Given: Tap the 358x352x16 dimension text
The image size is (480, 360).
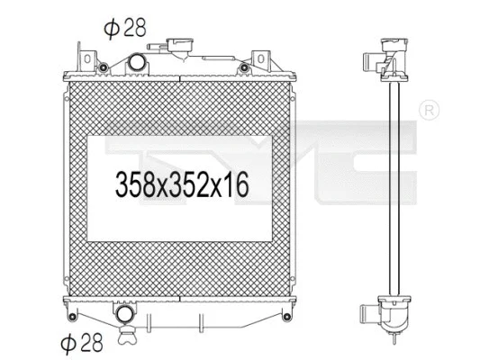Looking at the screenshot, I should pyautogui.click(x=181, y=185).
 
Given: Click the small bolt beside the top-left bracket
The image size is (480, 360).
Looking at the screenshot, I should pyautogui.click(x=104, y=68).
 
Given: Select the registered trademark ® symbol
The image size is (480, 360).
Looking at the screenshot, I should pyautogui.click(x=430, y=110).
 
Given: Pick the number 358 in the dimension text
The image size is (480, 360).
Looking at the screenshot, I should pyautogui.click(x=134, y=185).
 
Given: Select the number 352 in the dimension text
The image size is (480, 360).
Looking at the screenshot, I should pyautogui.click(x=185, y=185).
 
